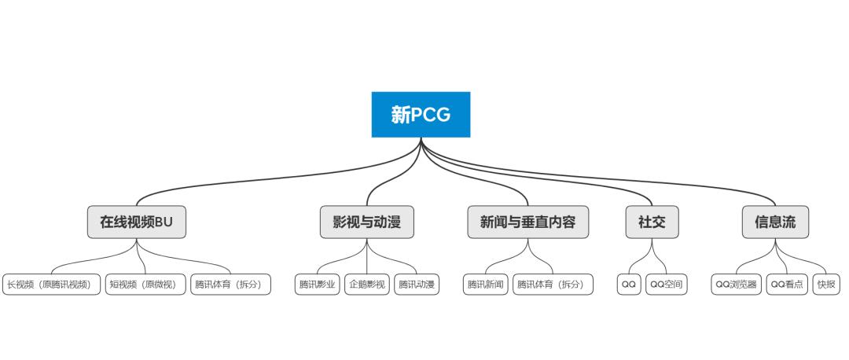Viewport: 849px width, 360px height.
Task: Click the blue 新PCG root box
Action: [x=421, y=114]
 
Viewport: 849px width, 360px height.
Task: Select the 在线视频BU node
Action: [x=137, y=222]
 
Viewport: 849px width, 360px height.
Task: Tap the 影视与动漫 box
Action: [x=367, y=222]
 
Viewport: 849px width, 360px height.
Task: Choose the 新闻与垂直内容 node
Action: [x=528, y=222]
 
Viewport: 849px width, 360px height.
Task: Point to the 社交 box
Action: [x=652, y=222]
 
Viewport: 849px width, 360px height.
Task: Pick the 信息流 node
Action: [x=775, y=222]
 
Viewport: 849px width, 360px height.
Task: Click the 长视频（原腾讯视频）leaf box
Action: [x=51, y=285]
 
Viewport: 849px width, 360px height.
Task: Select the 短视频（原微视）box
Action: [x=145, y=285]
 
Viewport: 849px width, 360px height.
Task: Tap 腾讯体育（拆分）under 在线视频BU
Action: [x=230, y=285]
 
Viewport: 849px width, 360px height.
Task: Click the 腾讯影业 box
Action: [x=318, y=285]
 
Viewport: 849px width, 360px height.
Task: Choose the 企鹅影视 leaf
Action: [x=367, y=285]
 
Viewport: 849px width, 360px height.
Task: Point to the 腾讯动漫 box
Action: [x=417, y=285]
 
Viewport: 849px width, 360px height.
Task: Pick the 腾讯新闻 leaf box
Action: [x=486, y=285]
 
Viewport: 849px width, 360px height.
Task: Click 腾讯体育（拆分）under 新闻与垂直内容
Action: [x=553, y=285]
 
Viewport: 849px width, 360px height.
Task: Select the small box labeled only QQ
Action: [x=629, y=285]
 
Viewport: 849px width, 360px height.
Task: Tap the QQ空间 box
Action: [x=667, y=285]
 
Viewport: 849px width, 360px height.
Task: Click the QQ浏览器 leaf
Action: [x=737, y=285]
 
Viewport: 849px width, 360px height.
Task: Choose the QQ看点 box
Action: [x=787, y=285]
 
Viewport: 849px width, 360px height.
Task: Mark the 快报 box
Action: [x=826, y=285]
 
